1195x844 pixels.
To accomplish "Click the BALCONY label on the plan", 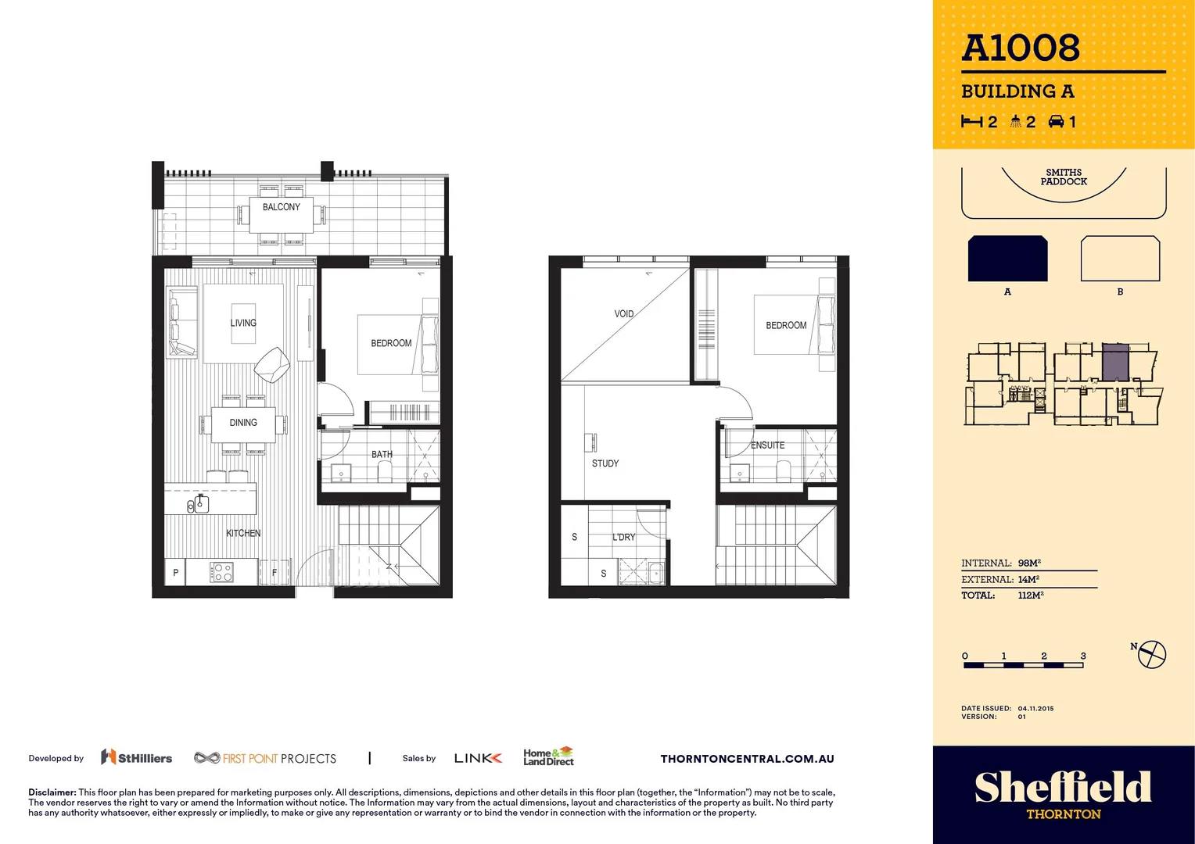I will pyautogui.click(x=281, y=207).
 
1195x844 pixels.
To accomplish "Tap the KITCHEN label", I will pyautogui.click(x=243, y=533).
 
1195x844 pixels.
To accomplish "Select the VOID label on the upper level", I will pyautogui.click(x=623, y=314).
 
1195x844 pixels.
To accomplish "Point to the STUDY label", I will pyautogui.click(x=605, y=463).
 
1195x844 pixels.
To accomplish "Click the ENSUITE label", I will pyautogui.click(x=767, y=445).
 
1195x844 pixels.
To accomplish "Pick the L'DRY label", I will pyautogui.click(x=623, y=538).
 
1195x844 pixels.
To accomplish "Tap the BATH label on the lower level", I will pyautogui.click(x=382, y=454).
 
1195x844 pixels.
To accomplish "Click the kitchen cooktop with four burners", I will pyautogui.click(x=221, y=573).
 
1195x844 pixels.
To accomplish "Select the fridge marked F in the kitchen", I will pyautogui.click(x=275, y=573).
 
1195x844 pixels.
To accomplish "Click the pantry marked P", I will pyautogui.click(x=175, y=573).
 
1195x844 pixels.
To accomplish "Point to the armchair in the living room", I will pyautogui.click(x=272, y=364).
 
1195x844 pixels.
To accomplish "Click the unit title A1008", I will pyautogui.click(x=1021, y=48).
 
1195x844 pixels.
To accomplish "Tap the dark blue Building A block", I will pyautogui.click(x=1007, y=259).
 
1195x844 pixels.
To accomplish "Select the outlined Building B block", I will pyautogui.click(x=1120, y=259).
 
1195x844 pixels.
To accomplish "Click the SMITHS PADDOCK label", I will pyautogui.click(x=1064, y=177).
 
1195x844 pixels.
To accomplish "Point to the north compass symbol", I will pyautogui.click(x=1151, y=654).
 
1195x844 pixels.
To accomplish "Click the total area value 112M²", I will pyautogui.click(x=1030, y=595).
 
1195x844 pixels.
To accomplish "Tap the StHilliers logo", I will pyautogui.click(x=137, y=757).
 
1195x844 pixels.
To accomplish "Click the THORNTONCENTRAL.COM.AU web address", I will pyautogui.click(x=747, y=759).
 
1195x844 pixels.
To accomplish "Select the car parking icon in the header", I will pyautogui.click(x=1057, y=121).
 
